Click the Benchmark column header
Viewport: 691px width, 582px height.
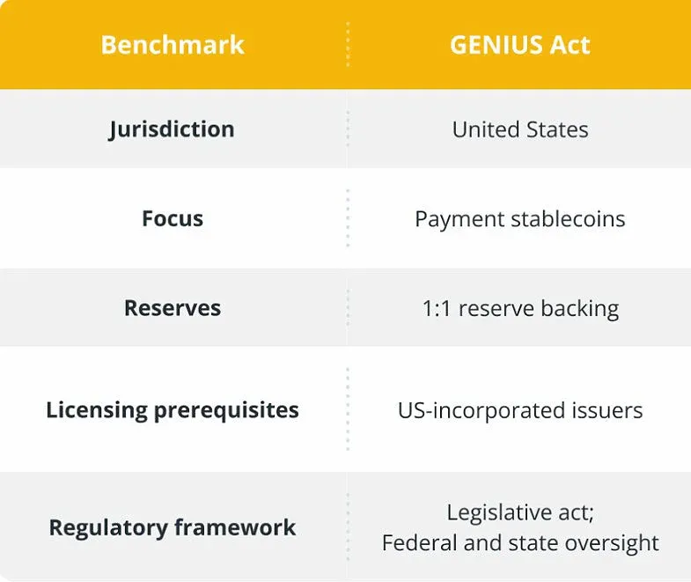click(x=173, y=45)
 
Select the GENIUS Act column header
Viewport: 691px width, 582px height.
click(x=519, y=45)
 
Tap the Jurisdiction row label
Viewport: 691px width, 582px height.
click(x=173, y=129)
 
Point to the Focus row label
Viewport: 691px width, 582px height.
click(x=173, y=218)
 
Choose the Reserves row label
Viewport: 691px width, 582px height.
click(x=173, y=308)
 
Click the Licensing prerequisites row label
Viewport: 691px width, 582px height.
click(x=173, y=409)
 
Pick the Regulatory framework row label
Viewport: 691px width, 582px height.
click(x=173, y=527)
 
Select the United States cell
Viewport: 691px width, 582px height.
click(x=519, y=129)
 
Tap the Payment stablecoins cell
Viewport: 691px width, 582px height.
click(x=519, y=218)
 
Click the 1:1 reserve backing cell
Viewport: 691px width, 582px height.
click(x=519, y=308)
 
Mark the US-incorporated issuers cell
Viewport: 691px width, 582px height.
click(x=519, y=409)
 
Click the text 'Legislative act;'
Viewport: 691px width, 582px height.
click(x=519, y=512)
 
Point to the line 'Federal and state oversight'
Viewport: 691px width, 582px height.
click(x=519, y=543)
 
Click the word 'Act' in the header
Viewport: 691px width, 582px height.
click(x=572, y=45)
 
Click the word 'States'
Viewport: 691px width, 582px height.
click(x=555, y=129)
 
